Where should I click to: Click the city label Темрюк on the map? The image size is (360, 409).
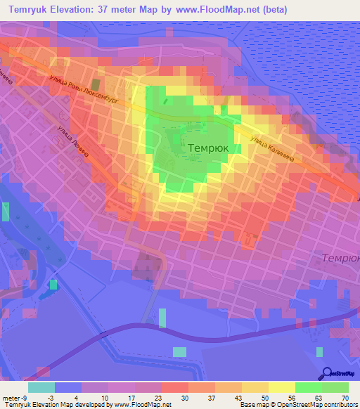pyautogui.click(x=208, y=149)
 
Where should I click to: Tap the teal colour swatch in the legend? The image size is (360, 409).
pyautogui.click(x=41, y=387)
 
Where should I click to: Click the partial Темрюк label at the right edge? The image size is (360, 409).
pyautogui.click(x=341, y=259)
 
